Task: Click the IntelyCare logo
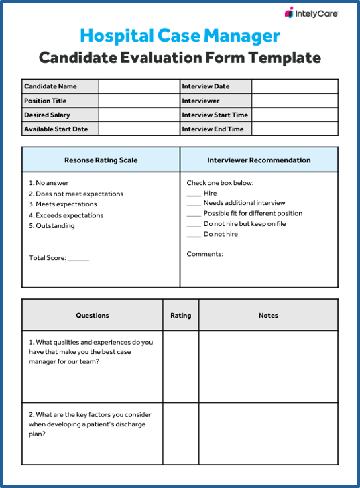(312, 13)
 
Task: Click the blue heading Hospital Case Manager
(180, 35)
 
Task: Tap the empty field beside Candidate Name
(139, 86)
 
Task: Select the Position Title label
(46, 101)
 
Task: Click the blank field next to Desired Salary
(139, 115)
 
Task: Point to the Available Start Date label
(56, 129)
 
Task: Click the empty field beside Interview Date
(294, 86)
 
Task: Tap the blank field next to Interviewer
(294, 101)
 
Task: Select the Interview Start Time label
(215, 115)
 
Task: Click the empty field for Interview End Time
(294, 129)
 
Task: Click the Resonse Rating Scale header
(101, 160)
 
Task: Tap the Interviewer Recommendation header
(259, 160)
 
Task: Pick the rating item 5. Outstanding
(52, 226)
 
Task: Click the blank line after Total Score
(78, 259)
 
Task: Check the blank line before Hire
(194, 194)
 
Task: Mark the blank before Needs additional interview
(194, 204)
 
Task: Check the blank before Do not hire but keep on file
(194, 225)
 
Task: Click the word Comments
(205, 254)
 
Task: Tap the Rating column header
(180, 315)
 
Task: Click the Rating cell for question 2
(180, 433)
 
